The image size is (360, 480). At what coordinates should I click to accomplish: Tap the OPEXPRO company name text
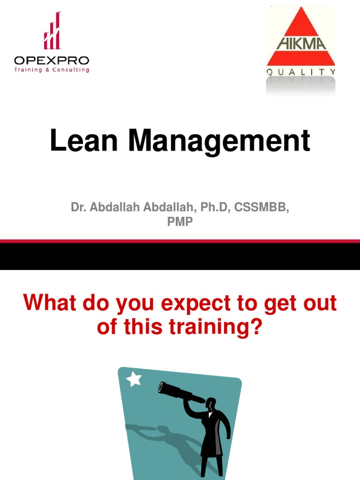[52, 60]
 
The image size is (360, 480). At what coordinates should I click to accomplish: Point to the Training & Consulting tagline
[52, 70]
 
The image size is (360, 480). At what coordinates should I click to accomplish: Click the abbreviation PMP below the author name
[180, 222]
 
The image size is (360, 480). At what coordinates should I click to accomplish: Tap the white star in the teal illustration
[135, 379]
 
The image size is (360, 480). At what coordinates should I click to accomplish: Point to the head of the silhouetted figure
[211, 403]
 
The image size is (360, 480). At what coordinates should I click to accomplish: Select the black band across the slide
[180, 257]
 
